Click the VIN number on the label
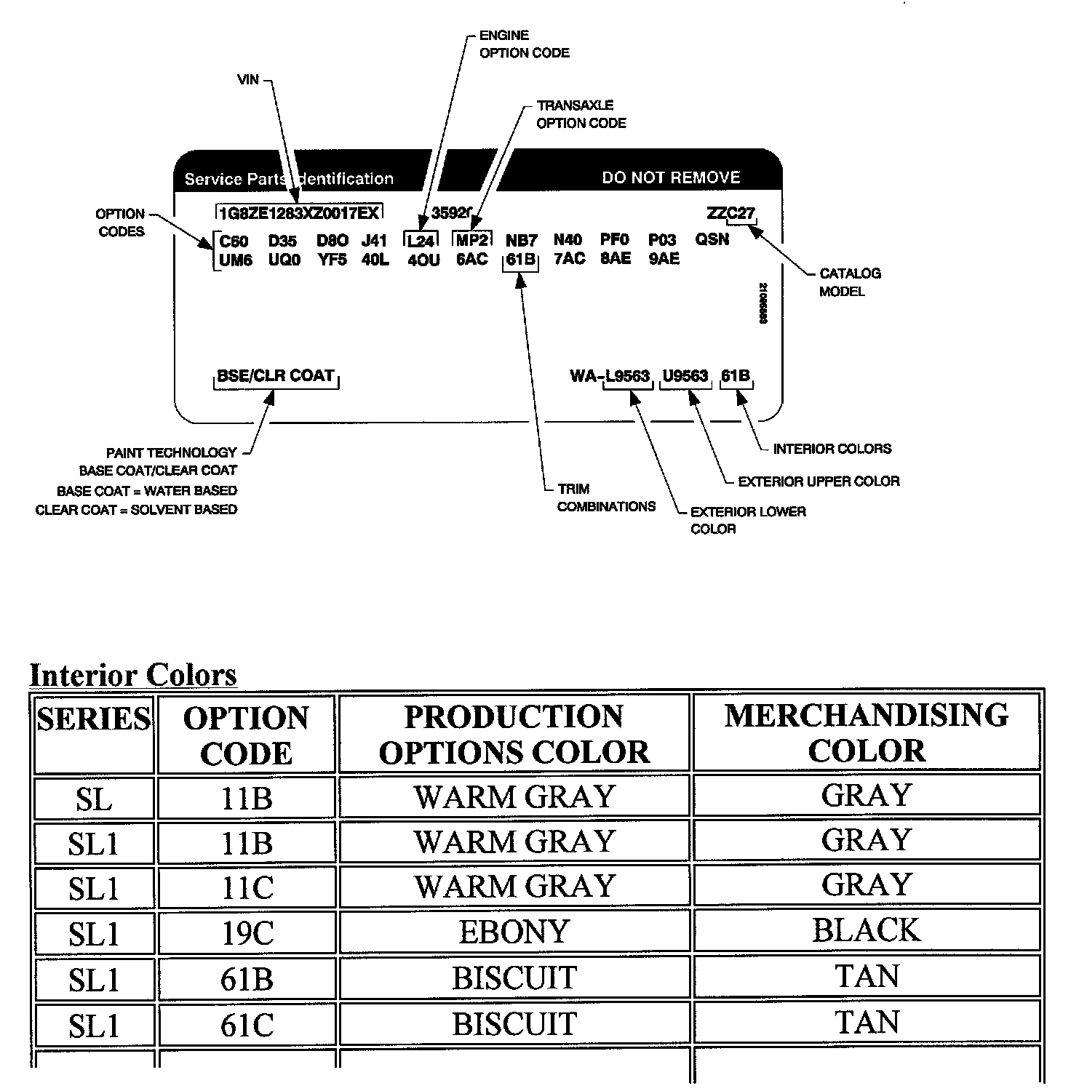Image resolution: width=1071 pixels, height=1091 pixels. [299, 212]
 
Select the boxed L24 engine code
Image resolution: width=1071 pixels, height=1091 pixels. [421, 241]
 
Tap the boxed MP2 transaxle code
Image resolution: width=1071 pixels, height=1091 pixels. [472, 240]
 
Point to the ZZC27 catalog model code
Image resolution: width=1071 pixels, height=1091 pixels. [730, 213]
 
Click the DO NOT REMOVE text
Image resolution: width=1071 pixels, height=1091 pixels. [671, 177]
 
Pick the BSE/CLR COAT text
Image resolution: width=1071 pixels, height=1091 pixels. [276, 376]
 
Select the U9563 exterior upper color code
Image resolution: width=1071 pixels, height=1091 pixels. [685, 376]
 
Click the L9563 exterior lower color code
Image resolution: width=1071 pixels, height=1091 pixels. [627, 376]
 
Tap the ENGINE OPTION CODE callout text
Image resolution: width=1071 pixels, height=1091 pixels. [524, 44]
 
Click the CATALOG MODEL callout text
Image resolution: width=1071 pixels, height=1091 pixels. [850, 282]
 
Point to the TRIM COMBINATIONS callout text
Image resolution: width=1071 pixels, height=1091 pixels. [606, 497]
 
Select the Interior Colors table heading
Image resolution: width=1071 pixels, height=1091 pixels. [133, 675]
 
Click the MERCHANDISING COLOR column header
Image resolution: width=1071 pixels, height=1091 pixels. [866, 733]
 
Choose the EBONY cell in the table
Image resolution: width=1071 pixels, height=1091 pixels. [514, 932]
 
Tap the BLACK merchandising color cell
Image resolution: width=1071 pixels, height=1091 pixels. [866, 930]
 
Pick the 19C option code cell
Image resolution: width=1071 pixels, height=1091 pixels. [247, 934]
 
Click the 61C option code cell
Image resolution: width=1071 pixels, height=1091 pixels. [247, 1025]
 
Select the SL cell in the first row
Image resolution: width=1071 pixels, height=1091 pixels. [94, 799]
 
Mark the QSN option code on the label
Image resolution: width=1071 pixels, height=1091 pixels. [712, 239]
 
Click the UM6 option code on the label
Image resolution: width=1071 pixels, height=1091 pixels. [236, 260]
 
